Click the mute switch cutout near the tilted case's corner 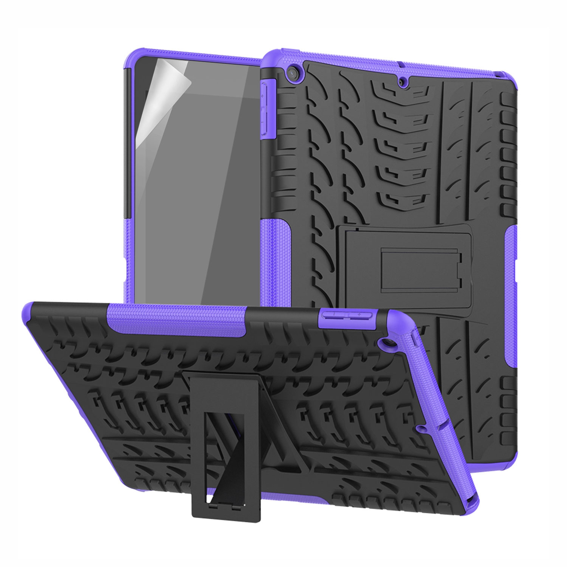[x=414, y=341]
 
